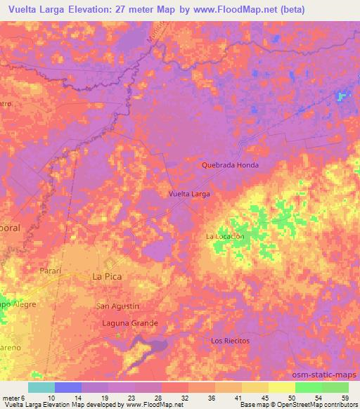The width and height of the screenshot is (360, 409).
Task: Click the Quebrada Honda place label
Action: coord(230,165)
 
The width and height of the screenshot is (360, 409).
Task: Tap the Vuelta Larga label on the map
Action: coord(190,193)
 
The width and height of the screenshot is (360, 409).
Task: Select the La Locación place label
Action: coord(225,237)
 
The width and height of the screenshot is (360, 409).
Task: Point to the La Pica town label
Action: coord(108,277)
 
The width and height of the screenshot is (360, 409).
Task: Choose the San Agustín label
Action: coord(118,306)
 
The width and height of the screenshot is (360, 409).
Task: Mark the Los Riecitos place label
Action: coord(231,340)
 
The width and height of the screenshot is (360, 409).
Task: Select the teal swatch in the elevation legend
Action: coord(41,387)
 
